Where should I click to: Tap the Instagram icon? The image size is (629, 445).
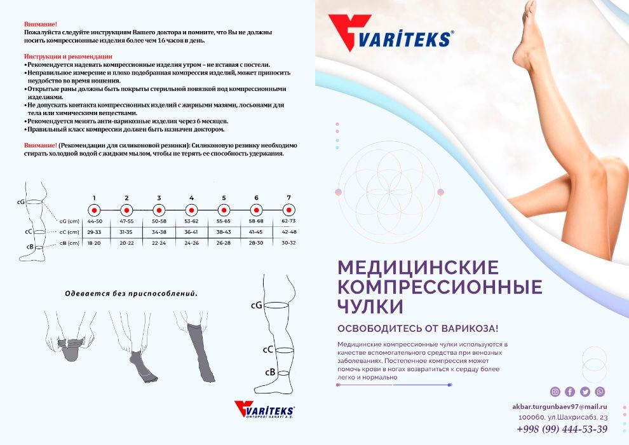[555, 392]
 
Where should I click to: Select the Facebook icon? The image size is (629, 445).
[570, 392]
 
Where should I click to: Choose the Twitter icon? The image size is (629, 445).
[585, 392]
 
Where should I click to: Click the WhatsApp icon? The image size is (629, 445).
[600, 392]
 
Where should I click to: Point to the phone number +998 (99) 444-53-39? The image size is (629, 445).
[562, 429]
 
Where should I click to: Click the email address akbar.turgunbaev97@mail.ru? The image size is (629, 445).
[560, 406]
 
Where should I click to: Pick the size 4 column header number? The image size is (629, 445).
[191, 198]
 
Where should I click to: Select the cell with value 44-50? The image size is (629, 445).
[95, 221]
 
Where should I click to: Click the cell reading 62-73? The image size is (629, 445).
[288, 221]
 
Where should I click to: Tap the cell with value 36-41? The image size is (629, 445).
[191, 232]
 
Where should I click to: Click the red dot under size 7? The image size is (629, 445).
[288, 210]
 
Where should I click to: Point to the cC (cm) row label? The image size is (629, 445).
[68, 232]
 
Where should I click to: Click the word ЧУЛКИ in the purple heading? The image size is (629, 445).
[370, 306]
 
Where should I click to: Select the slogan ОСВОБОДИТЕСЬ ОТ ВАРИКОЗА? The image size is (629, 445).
[417, 329]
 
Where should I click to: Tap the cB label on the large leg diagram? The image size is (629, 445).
[269, 372]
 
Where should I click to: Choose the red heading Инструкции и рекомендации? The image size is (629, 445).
[68, 56]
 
